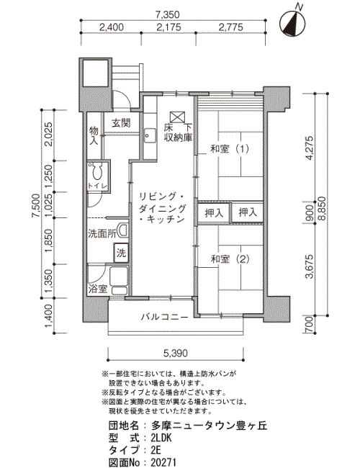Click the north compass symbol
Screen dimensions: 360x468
pos(292,23)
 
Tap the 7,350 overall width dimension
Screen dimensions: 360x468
pos(168,14)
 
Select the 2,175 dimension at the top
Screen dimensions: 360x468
pos(168,27)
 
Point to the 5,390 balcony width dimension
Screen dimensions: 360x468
pos(176,354)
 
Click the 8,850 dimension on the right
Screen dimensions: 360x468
pos(323,209)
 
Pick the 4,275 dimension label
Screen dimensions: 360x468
pos(310,148)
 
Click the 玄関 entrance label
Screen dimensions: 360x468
pos(121,123)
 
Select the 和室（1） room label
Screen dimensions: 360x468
pos(230,148)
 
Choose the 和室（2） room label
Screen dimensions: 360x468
pos(230,259)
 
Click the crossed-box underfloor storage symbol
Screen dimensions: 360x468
pos(177,117)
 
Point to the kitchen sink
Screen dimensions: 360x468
pos(150,136)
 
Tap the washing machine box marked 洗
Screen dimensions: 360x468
pos(121,253)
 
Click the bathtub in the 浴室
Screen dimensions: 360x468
pos(119,276)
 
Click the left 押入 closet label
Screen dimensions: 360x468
pos(214,212)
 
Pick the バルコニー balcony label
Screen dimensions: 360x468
pos(165,317)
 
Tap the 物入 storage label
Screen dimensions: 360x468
pos(94,135)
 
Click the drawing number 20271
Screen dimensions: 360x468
pos(164,462)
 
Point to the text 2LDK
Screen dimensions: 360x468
pos(161,438)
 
